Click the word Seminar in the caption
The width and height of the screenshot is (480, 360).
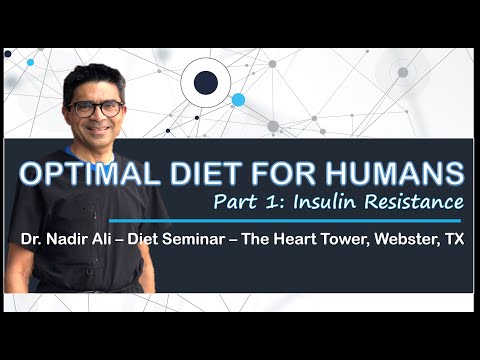click(196, 240)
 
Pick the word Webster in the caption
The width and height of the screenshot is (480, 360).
click(403, 240)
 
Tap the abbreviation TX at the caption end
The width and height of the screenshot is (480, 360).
click(455, 240)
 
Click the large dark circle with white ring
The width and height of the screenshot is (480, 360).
click(206, 84)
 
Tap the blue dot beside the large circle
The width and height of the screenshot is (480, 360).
click(238, 100)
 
